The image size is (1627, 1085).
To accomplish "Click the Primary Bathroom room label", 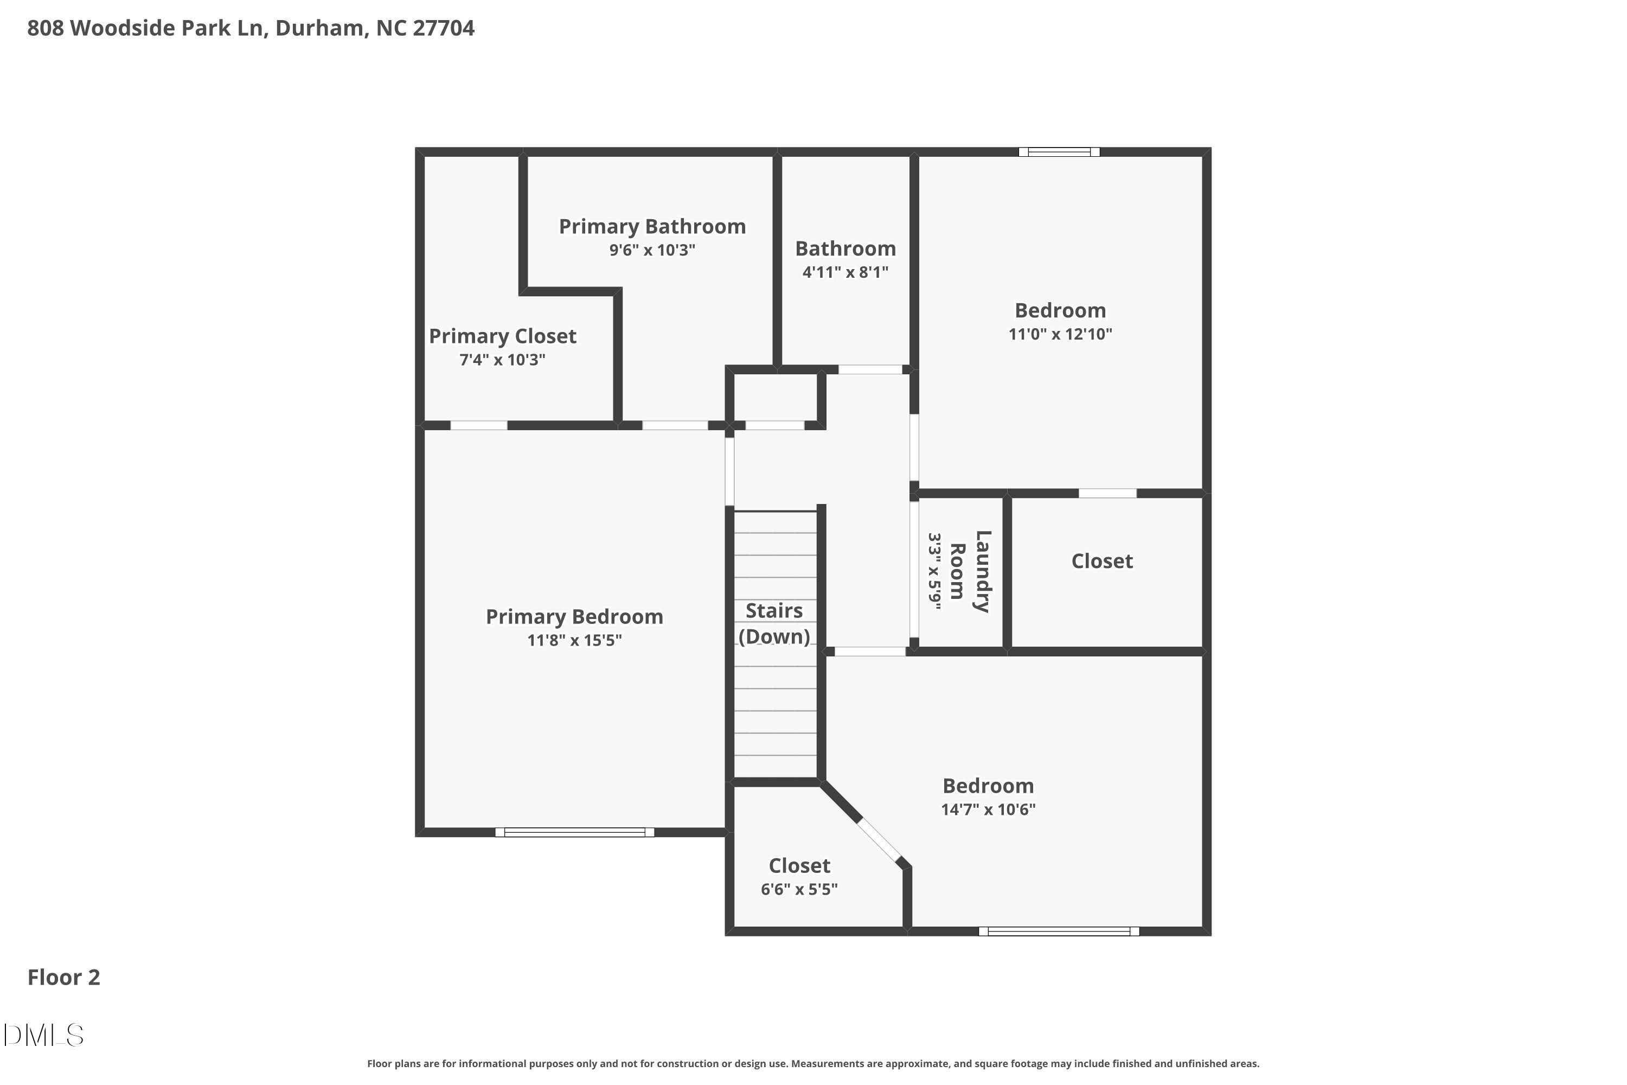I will [652, 226].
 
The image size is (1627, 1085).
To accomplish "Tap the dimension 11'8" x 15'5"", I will [574, 640].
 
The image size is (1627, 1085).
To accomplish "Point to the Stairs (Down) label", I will [774, 623].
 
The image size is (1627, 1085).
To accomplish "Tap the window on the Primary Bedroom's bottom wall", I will [574, 832].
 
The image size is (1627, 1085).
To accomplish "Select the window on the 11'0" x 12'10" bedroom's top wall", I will [1059, 151].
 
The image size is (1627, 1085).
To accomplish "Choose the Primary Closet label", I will [502, 336].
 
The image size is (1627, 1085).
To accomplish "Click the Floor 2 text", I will [63, 977].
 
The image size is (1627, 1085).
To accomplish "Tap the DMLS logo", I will [43, 1035].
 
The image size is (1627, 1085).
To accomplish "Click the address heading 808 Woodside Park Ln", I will [251, 28].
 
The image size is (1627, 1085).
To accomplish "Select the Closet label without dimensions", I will [1102, 561].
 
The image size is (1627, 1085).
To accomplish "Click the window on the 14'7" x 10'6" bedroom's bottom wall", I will [1059, 931].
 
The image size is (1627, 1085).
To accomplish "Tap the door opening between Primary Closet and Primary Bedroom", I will [479, 425].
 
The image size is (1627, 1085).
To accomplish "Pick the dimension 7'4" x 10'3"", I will [502, 360].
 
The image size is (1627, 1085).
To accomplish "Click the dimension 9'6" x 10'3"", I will [652, 250].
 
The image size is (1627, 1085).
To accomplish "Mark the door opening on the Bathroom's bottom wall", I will [870, 369].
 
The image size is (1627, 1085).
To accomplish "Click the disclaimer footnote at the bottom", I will [813, 1063].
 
